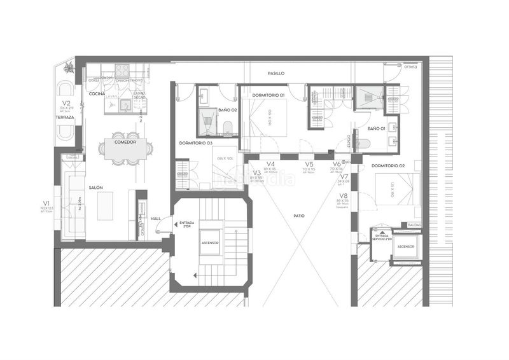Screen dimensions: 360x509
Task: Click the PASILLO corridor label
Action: pyautogui.click(x=276, y=74)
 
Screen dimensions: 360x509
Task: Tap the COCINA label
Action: pyautogui.click(x=97, y=94)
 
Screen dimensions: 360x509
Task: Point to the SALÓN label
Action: pyautogui.click(x=96, y=188)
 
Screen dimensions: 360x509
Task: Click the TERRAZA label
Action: pyautogui.click(x=65, y=118)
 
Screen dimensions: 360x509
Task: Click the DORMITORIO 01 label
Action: pyautogui.click(x=268, y=95)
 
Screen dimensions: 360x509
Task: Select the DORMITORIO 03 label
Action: pyautogui.click(x=195, y=143)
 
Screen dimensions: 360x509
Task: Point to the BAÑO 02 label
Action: pyautogui.click(x=228, y=110)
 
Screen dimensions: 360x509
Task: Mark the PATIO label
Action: pyautogui.click(x=299, y=216)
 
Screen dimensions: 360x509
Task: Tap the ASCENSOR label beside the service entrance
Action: pyautogui.click(x=405, y=246)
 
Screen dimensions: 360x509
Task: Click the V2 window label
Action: pyautogui.click(x=66, y=103)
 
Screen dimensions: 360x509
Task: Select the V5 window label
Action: pyautogui.click(x=309, y=164)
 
